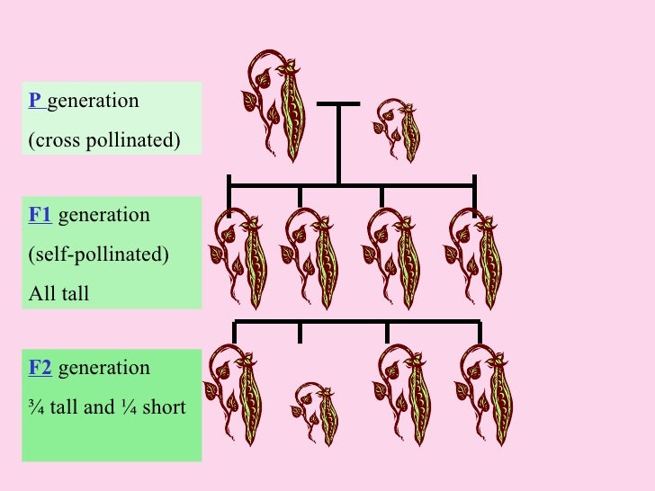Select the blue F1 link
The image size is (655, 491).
pos(40,215)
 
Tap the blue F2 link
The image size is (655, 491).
pos(40,368)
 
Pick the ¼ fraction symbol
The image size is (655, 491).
pos(140,407)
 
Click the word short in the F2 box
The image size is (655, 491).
pos(168,407)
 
